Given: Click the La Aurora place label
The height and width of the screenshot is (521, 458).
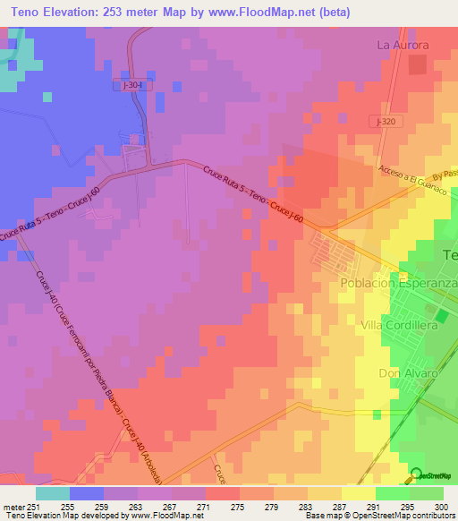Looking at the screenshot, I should click(403, 45).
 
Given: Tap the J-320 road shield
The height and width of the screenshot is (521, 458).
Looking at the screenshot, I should click(386, 120).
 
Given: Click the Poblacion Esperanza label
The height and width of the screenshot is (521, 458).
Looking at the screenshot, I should click(398, 283).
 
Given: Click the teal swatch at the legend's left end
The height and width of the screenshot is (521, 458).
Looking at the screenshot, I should click(52, 492).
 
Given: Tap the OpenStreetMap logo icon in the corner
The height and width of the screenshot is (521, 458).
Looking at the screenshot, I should click(416, 475).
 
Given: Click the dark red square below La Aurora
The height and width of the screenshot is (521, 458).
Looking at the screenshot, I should click(417, 64).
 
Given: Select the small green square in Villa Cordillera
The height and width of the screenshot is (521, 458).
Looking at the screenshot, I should click(440, 316).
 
